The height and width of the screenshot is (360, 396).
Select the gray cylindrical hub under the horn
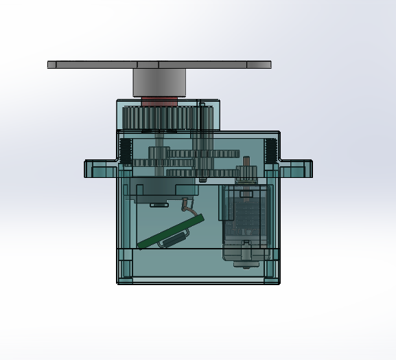159,83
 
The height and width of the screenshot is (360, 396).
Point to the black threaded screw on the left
126,150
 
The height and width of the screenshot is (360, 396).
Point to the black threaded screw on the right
271,150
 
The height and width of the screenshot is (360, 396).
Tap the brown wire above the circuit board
185,204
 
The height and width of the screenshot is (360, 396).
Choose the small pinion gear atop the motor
245,168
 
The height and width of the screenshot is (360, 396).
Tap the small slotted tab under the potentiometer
159,204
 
